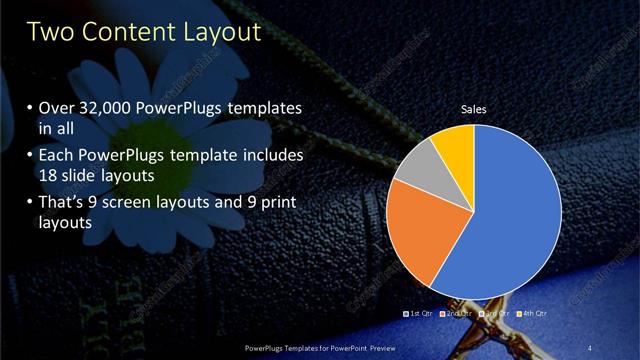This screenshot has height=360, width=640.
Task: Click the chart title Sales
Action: (473, 109)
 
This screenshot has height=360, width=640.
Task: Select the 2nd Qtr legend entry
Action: (459, 313)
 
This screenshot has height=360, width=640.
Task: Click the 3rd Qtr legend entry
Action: (496, 313)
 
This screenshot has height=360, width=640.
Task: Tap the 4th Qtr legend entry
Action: (532, 313)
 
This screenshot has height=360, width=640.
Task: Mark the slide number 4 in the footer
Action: (591, 346)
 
